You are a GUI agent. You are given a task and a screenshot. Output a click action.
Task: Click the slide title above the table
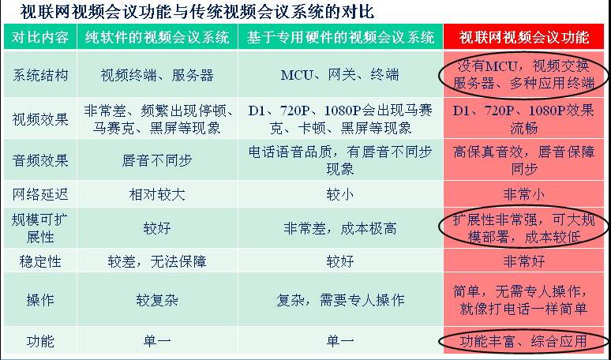[x=197, y=11]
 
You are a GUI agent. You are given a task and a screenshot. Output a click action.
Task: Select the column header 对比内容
[x=40, y=37]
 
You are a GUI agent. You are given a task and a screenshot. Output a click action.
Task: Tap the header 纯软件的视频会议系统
[x=157, y=37]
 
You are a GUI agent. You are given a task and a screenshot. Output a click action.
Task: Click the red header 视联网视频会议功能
[x=524, y=37]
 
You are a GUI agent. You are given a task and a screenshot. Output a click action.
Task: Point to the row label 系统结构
[x=40, y=75]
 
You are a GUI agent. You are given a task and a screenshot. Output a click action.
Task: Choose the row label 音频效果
[x=40, y=160]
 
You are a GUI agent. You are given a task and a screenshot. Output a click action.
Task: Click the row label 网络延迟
[x=40, y=194]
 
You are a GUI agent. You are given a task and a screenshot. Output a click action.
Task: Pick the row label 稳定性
[x=40, y=261]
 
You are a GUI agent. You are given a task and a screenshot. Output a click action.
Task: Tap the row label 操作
[x=40, y=300]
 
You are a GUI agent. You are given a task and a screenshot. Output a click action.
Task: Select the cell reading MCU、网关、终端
[x=339, y=75]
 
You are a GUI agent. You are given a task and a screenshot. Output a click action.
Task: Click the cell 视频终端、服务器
[x=157, y=75]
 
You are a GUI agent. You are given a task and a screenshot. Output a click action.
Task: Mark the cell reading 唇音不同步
[x=157, y=160]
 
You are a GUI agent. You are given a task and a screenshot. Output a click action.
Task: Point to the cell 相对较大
[x=157, y=194]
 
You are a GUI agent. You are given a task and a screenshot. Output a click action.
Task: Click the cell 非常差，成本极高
[x=339, y=228]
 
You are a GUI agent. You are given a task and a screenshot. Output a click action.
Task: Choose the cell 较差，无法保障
[x=157, y=261]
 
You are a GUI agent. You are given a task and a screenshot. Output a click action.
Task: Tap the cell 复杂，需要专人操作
[x=339, y=300]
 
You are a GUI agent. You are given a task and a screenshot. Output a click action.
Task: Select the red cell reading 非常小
[x=524, y=194]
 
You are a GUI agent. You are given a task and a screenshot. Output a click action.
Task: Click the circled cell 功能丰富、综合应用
[x=524, y=341]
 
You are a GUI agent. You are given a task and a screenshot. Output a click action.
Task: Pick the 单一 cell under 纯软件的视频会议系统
[x=157, y=341]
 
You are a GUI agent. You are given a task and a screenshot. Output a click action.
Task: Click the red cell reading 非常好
[x=524, y=261]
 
